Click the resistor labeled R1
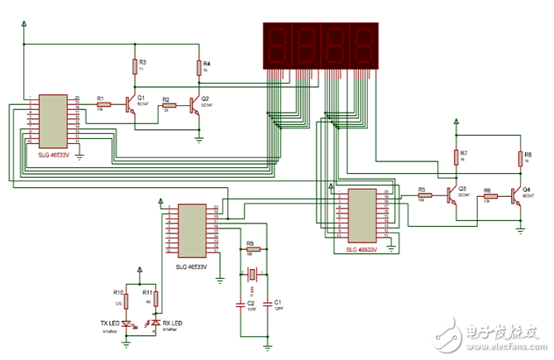pos(103,103)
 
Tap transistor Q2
pos(195,105)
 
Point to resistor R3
pos(134,67)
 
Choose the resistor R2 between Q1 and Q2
pos(170,105)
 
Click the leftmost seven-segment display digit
pos(276,46)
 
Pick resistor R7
pos(456,157)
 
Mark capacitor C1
pos(269,304)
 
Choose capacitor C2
pos(241,304)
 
